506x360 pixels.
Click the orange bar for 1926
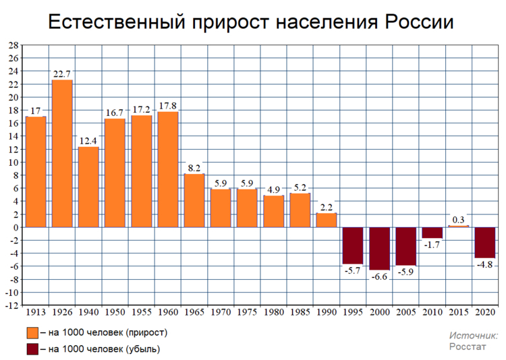coord(62,154)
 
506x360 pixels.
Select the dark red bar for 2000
coord(379,248)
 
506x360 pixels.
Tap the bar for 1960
coord(168,169)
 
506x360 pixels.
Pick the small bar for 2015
coord(458,226)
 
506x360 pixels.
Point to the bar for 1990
coord(327,220)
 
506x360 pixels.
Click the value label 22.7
coord(62,74)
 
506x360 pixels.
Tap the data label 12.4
coord(88,141)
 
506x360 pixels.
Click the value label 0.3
coord(458,220)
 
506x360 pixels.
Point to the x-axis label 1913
coord(36,313)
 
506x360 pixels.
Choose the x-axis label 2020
coord(484,313)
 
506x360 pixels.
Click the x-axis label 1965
coord(194,313)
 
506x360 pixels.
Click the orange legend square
coord(32,333)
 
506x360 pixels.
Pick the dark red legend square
coord(32,349)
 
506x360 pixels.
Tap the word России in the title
coord(419,22)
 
